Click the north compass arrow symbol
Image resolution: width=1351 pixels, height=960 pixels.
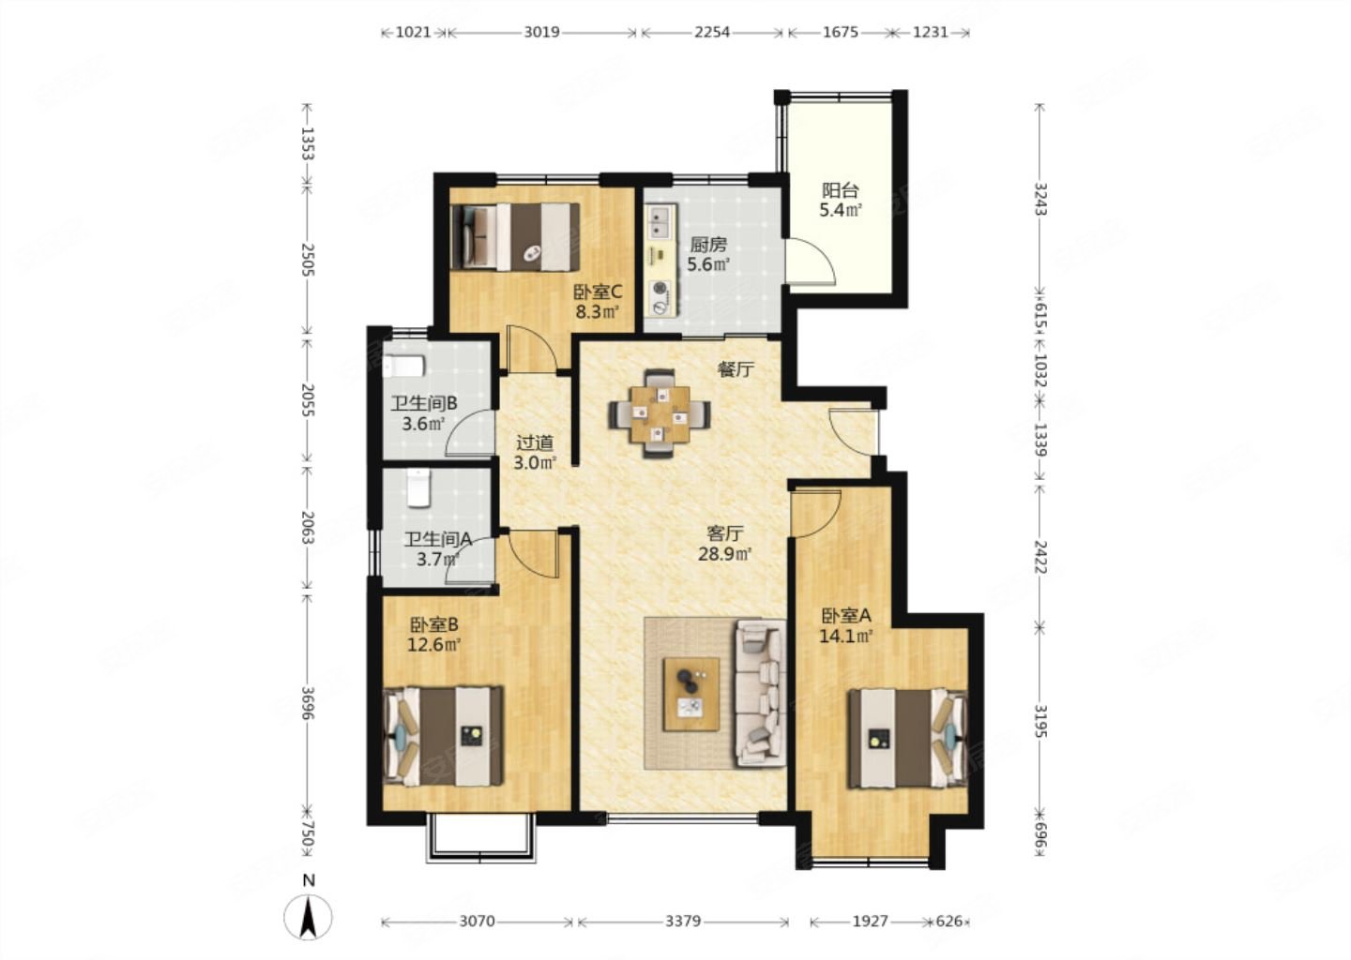[x=308, y=918]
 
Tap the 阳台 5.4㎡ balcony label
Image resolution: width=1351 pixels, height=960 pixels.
[x=841, y=201]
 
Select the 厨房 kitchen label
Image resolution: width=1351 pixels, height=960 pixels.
[x=708, y=245]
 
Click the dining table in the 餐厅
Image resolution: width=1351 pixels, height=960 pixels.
[x=660, y=414]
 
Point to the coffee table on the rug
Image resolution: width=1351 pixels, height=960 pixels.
[x=691, y=695]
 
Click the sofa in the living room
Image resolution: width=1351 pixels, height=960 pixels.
[x=760, y=694]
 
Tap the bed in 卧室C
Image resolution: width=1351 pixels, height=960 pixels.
[x=515, y=237]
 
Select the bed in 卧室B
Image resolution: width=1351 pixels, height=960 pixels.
[x=443, y=736]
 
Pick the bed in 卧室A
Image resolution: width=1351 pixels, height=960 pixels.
[x=907, y=738]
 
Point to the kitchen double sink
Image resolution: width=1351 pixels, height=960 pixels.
[x=661, y=221]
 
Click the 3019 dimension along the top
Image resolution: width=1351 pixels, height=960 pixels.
[x=541, y=32]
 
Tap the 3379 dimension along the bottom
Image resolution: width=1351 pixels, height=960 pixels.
[x=683, y=921]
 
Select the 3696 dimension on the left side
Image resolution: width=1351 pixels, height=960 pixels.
[x=307, y=703]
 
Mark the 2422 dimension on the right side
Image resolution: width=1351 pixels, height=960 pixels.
[x=1040, y=556]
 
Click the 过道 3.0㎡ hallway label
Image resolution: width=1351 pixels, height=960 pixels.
[x=535, y=453]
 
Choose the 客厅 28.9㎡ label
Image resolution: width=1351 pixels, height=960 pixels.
[x=724, y=544]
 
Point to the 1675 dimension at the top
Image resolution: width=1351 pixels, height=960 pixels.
[x=841, y=32]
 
